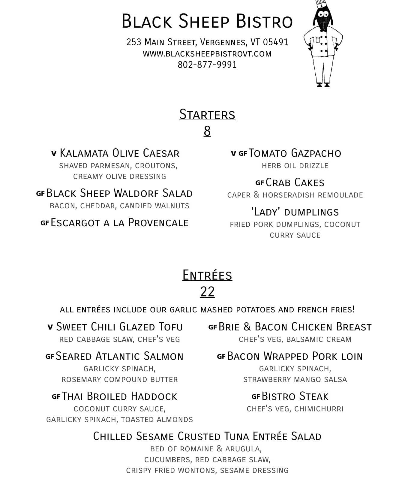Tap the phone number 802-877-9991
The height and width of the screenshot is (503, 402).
(207, 65)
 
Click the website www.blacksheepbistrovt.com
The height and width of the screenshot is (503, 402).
(207, 54)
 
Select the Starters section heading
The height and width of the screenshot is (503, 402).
(207, 115)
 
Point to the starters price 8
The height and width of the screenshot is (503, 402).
(207, 131)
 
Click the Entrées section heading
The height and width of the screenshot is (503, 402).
(207, 275)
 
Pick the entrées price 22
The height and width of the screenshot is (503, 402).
(207, 292)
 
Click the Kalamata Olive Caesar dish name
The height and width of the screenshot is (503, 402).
(119, 153)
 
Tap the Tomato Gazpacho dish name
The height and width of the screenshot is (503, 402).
(295, 153)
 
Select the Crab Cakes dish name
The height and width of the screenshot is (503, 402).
(295, 183)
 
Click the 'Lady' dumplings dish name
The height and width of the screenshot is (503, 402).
(295, 212)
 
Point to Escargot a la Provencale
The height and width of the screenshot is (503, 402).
(119, 223)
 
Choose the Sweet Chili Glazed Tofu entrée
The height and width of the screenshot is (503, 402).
(119, 327)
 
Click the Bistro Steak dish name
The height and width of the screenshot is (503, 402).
(295, 396)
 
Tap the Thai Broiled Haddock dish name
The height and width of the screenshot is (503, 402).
(119, 396)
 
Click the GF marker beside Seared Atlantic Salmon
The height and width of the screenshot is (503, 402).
(50, 357)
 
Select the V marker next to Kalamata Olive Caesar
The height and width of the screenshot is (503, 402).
(54, 154)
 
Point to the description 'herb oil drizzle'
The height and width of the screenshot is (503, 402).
(295, 166)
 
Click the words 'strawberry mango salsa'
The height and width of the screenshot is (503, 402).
(295, 380)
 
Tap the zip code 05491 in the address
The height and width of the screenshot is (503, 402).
(275, 42)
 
